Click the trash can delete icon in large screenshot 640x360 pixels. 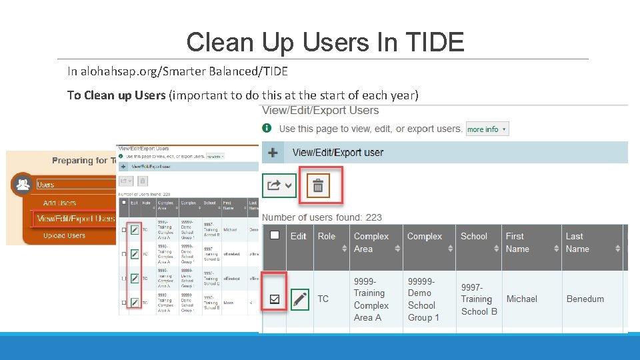318,185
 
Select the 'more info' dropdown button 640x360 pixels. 487,129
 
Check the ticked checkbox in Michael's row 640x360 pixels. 274,299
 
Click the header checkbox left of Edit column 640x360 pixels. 274,235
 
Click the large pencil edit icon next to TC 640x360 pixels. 301,299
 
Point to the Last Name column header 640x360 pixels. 577,243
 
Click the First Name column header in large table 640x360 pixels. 517,243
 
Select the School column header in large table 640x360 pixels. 474,236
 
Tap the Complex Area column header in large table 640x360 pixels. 371,243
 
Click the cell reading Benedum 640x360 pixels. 585,299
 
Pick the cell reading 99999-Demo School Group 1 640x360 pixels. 423,299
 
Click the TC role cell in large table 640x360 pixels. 323,299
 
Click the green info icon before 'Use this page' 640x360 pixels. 267,128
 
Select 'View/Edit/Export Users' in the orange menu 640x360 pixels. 75,219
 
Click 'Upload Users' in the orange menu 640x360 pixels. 64,235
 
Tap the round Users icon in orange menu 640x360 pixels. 22,184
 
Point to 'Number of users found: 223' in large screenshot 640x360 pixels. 322,217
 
